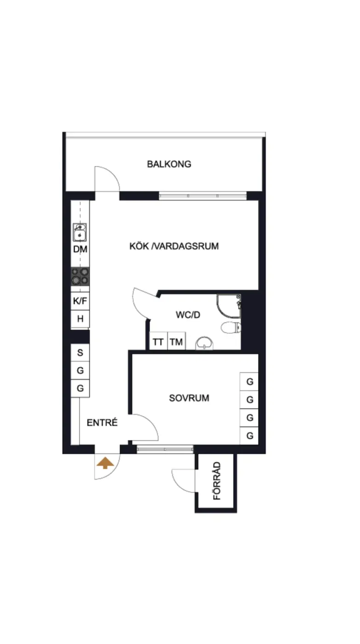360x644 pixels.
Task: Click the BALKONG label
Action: click(169, 164)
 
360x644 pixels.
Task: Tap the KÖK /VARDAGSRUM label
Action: click(174, 246)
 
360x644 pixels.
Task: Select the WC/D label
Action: click(188, 315)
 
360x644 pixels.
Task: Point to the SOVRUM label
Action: click(189, 398)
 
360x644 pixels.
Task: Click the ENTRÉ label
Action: click(102, 422)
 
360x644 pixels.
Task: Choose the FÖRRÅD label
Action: click(217, 481)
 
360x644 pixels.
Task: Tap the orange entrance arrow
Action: click(105, 463)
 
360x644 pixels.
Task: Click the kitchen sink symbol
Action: click(80, 232)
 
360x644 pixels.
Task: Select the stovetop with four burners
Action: click(80, 276)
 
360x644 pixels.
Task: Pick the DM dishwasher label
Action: click(80, 249)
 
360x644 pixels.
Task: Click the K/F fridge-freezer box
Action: click(80, 301)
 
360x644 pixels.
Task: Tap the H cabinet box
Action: click(80, 318)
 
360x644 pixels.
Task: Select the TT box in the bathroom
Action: click(158, 341)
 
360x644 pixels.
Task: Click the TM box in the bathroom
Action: click(177, 341)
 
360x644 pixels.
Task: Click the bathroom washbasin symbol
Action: click(204, 343)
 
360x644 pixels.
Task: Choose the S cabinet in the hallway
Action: click(80, 352)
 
